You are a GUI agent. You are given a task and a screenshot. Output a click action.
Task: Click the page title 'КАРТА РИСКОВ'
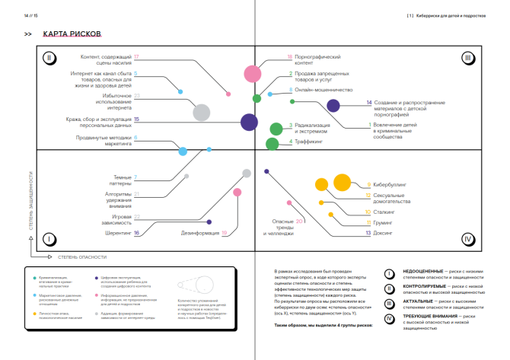[73, 34]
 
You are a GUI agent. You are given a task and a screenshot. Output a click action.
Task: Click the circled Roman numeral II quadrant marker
[48, 57]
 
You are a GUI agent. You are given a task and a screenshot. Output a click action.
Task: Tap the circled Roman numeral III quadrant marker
[468, 57]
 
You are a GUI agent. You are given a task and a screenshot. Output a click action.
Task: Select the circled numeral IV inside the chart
[468, 239]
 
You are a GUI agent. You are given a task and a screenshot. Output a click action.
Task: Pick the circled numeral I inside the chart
[48, 239]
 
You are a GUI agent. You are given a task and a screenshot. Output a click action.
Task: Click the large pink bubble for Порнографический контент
[253, 74]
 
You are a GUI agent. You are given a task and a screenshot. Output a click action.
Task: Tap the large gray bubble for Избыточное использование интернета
[201, 113]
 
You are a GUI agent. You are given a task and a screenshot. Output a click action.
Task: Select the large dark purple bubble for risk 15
[249, 122]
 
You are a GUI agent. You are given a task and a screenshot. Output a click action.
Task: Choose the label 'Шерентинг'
[116, 234]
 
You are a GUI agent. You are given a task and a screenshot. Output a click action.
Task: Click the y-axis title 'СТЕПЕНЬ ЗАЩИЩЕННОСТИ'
[31, 202]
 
